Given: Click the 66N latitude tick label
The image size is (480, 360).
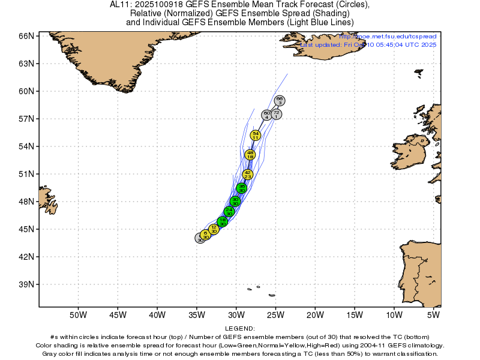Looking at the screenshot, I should pos(25,36).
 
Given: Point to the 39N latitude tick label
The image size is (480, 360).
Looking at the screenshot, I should pos(25,284).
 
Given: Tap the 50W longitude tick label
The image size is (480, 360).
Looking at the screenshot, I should pos(78,314).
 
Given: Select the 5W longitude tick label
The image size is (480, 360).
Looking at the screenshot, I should pos(434,314).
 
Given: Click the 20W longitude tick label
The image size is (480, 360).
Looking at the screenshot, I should pos(315,314).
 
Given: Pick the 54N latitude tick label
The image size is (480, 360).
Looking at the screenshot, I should pos(25,146).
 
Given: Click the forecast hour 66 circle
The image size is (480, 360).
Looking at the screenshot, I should pos(280,101).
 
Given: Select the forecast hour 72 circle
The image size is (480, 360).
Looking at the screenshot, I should pos(276,114).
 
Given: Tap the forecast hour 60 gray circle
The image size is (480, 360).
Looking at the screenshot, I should pos(267,115).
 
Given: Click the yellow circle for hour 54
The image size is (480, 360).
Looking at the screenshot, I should pos(256,136).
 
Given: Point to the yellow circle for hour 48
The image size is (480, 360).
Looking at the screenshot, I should pos(250,155).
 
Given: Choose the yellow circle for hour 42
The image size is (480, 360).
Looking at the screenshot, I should pos(248,175).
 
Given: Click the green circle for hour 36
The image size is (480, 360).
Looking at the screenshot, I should pos(242,188).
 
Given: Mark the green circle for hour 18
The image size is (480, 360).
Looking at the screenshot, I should pos(223,221).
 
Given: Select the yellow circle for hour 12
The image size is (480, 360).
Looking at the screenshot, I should pos(214,229).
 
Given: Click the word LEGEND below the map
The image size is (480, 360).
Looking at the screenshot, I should pos(240,329).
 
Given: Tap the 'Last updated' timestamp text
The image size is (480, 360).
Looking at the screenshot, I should pos(368,45).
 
